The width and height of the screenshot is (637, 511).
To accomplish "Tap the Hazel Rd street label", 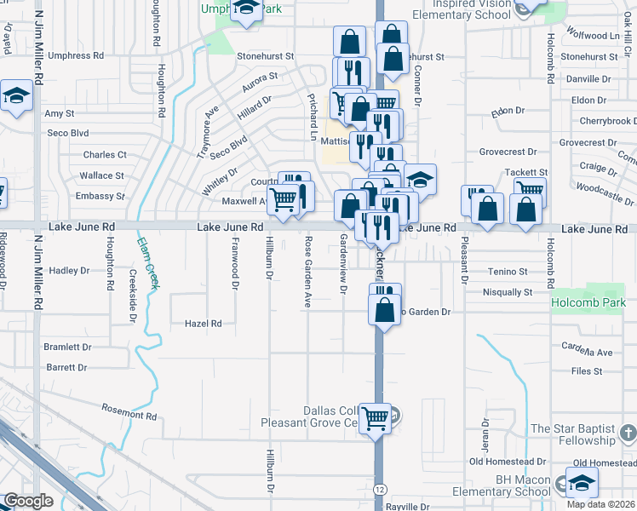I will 204,324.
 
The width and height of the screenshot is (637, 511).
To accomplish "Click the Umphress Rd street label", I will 75,55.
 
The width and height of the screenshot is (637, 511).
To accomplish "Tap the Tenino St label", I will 509,272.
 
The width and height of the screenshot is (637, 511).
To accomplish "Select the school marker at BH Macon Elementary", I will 582,483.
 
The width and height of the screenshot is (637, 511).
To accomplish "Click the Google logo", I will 28,501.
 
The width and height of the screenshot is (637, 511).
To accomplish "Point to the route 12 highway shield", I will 379,490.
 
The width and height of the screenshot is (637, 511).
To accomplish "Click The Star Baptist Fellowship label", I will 583,434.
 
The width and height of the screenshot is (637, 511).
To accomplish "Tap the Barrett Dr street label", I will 67,368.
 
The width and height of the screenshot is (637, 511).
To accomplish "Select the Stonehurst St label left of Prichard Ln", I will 265,56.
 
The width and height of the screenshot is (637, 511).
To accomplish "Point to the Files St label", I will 587,371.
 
